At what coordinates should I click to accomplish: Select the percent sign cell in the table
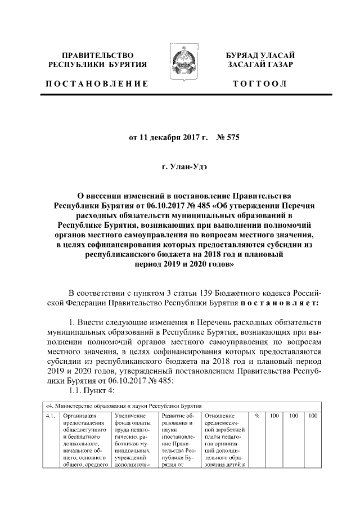point(256,416)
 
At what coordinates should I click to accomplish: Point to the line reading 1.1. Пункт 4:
point(91,392)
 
